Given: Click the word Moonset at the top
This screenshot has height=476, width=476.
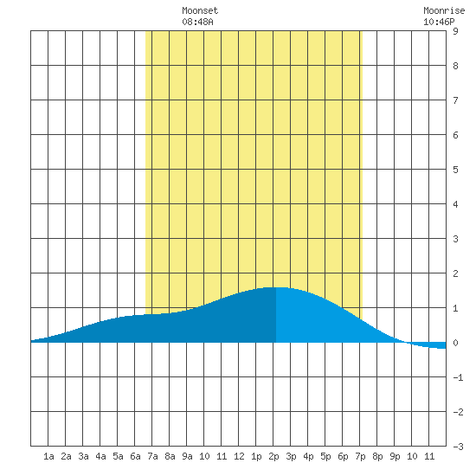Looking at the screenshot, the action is (200, 10).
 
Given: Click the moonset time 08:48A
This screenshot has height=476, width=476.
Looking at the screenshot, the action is (197, 22).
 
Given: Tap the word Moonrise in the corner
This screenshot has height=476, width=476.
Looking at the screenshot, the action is (444, 10).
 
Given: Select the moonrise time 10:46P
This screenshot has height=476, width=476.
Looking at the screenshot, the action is (439, 22).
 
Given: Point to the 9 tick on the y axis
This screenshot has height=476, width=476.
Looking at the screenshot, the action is (455, 31).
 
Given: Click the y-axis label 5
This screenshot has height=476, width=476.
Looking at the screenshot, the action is (455, 170).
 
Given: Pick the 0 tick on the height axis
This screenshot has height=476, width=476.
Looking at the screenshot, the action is (455, 343).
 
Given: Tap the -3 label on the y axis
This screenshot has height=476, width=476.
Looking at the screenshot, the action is (458, 447).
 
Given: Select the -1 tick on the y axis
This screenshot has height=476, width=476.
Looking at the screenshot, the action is (458, 377).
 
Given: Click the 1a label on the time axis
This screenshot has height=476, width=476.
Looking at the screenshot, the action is (48, 456).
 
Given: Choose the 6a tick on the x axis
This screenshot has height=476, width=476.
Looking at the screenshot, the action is (135, 456).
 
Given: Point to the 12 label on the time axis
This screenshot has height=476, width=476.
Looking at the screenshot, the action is (239, 456).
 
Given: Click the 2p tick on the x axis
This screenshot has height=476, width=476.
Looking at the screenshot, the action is (273, 456).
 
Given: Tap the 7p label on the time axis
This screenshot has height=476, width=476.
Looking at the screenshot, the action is (360, 456).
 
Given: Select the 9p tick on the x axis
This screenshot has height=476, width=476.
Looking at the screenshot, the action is (395, 456).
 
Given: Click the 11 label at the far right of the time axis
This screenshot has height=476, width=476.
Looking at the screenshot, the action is (429, 456).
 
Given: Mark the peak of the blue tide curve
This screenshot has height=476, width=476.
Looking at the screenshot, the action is (275, 287).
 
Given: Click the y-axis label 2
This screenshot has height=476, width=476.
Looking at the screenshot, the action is (455, 273).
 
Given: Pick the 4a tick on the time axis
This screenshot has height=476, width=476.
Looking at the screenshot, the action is (100, 456).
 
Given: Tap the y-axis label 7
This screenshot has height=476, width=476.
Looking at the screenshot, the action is (455, 100).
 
